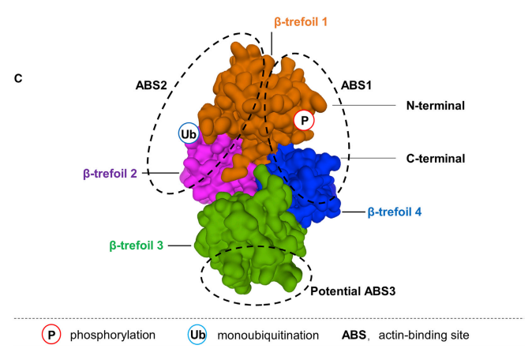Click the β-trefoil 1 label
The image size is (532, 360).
[x=300, y=22]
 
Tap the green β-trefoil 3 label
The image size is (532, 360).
[x=137, y=246]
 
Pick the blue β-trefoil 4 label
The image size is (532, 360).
[x=395, y=212]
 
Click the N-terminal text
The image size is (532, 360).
[x=436, y=105]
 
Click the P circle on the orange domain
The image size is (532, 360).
[x=304, y=120]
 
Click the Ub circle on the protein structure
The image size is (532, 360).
[x=189, y=134]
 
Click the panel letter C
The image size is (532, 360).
[x=19, y=79]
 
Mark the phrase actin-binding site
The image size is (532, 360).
[x=425, y=336]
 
